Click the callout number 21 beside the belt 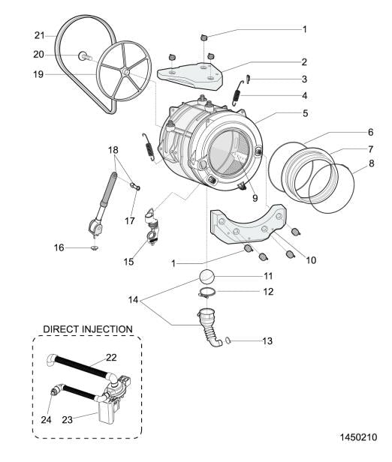[x=39, y=36]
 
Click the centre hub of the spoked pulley [x=125, y=71]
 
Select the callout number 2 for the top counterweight [x=304, y=61]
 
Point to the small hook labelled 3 [x=248, y=79]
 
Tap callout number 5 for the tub [x=305, y=113]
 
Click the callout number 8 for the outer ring [x=372, y=163]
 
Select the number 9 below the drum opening [x=255, y=198]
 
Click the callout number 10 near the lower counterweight [x=311, y=260]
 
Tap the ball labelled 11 [x=206, y=277]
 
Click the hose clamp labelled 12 [x=207, y=293]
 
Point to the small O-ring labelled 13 [x=228, y=340]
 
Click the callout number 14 [x=134, y=300]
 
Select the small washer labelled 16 [x=95, y=248]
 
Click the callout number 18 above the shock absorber [x=113, y=150]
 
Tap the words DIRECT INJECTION [x=88, y=328]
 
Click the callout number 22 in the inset [x=111, y=358]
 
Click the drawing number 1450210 [x=359, y=437]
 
